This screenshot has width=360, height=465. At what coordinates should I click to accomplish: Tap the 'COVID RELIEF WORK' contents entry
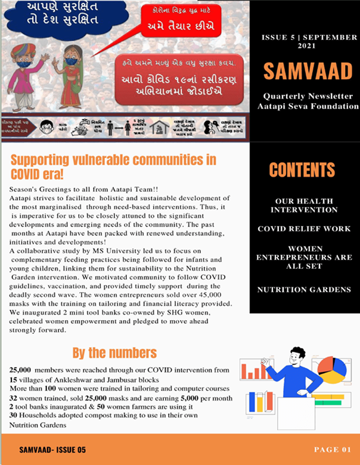(304, 229)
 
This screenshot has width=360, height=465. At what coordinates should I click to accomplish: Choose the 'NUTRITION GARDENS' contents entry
(304, 290)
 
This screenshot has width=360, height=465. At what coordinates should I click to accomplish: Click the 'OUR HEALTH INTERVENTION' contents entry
(304, 205)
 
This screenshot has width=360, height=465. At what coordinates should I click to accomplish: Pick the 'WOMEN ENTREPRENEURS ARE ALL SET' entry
(304, 258)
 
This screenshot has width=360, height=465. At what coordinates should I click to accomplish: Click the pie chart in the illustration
(331, 370)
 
